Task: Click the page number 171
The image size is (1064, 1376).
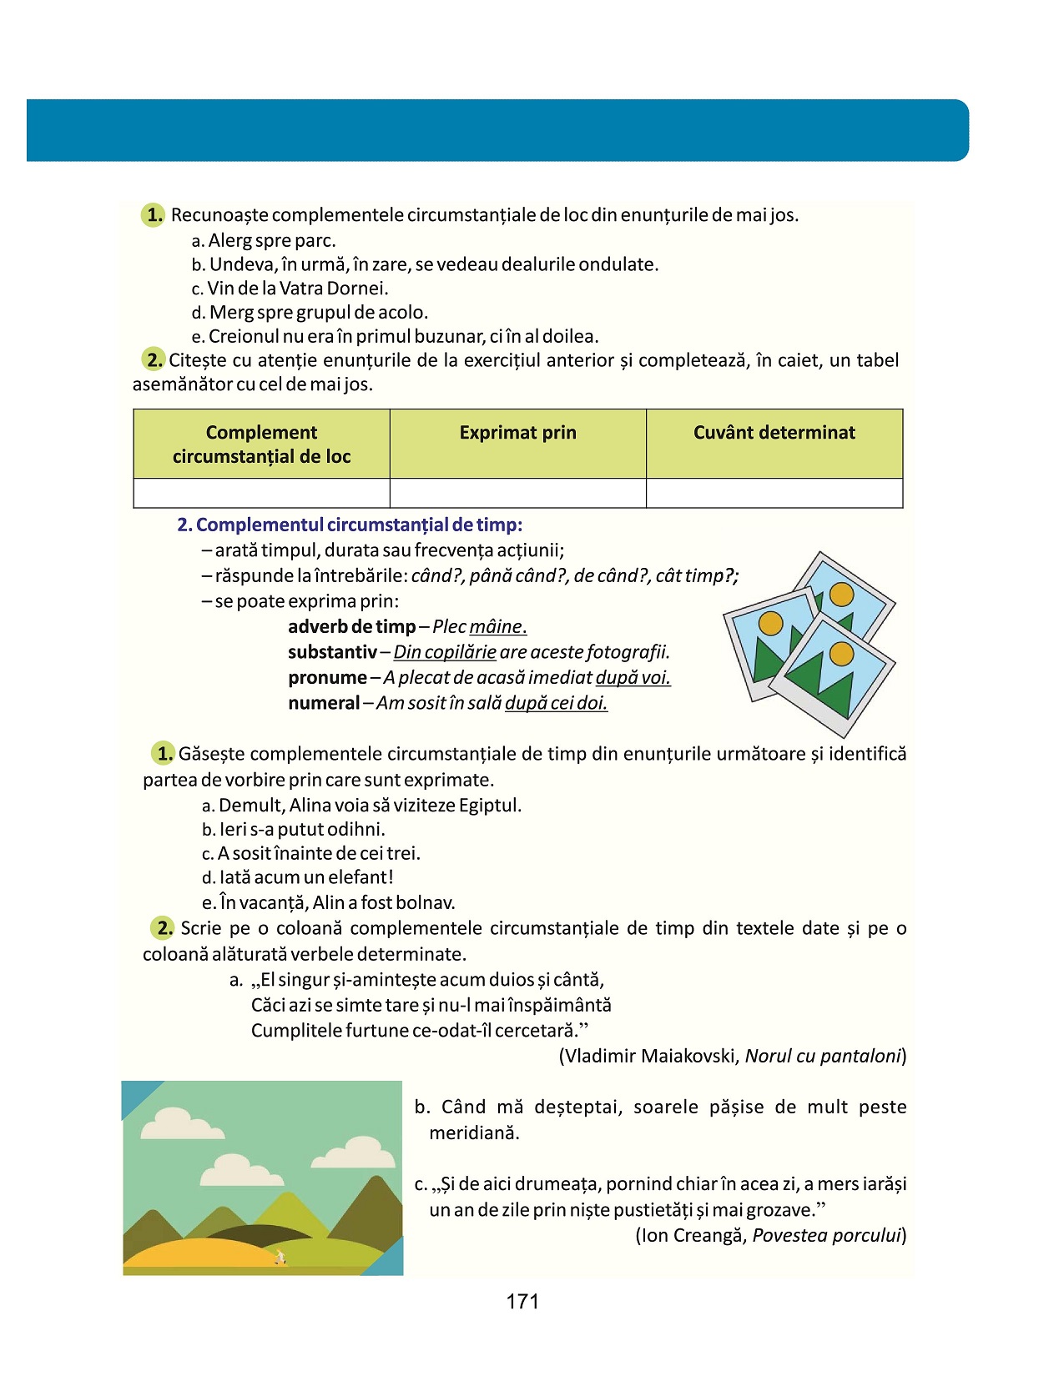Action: click(x=522, y=1302)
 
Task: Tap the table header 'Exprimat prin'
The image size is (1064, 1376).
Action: click(x=517, y=433)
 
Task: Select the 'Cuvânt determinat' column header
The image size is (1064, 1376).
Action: click(x=774, y=433)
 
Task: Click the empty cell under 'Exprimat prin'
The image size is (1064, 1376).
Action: click(x=517, y=493)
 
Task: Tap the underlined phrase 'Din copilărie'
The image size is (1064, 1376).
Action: click(x=445, y=652)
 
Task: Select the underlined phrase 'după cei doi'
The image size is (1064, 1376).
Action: click(x=556, y=703)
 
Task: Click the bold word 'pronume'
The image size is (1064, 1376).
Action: click(x=327, y=678)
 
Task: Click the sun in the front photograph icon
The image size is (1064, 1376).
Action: click(x=841, y=654)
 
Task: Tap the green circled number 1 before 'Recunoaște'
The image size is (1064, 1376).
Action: click(x=154, y=215)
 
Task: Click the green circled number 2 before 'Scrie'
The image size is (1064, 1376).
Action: click(x=163, y=928)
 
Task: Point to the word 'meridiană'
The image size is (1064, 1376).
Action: click(x=474, y=1133)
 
